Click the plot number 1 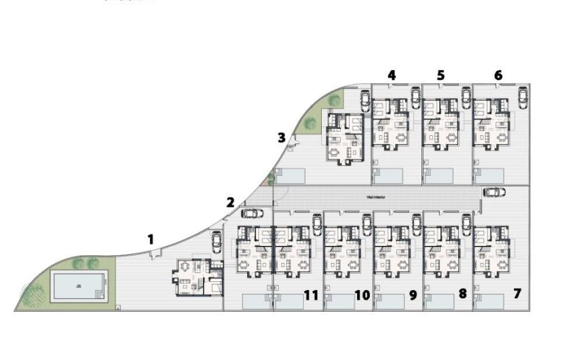coord(151,239)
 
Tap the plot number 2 coord(230,202)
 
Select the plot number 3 coord(281,138)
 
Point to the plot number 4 coord(392,75)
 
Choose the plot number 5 coord(441,75)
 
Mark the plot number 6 coord(498,75)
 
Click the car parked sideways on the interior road coord(494,192)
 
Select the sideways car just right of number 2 coord(252,212)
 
